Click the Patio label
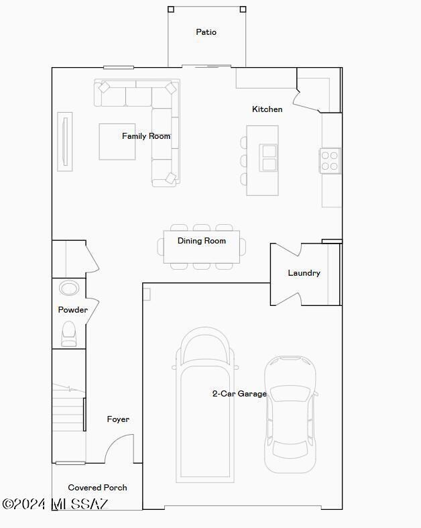point(206,32)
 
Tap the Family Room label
point(146,136)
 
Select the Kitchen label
point(267,109)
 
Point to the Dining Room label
point(201,241)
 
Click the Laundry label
point(304,273)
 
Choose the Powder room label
point(72,310)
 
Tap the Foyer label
point(118,419)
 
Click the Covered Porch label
point(97,488)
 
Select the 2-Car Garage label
point(239,394)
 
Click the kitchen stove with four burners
point(330,161)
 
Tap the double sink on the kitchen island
point(269,158)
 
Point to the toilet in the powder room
point(69,333)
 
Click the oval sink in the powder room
point(69,288)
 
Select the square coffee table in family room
point(117,142)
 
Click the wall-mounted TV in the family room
point(64,140)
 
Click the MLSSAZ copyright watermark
point(55,504)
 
